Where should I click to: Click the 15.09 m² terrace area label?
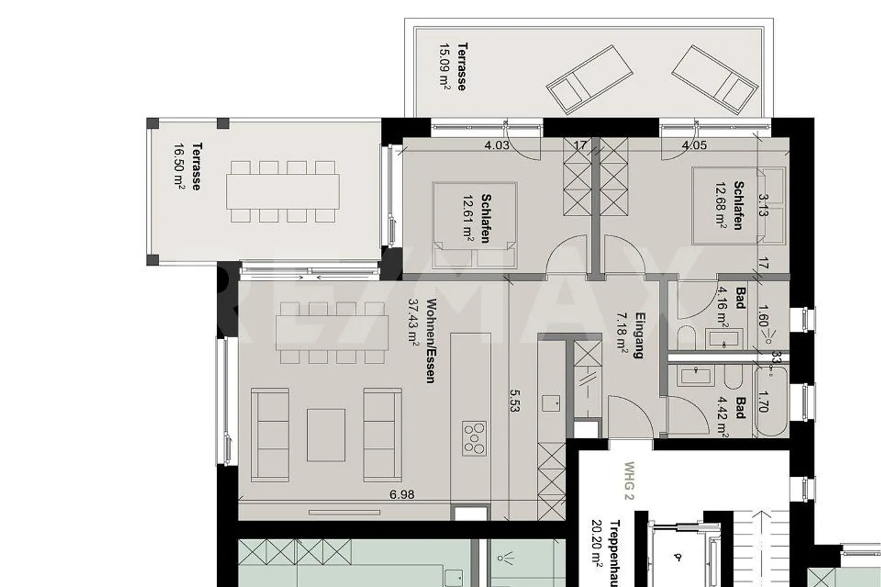pos(445,67)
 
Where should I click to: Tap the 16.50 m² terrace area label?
pos(179,167)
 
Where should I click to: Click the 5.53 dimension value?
pos(514,400)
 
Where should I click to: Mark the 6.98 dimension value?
pos(401,495)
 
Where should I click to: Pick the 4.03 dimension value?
pos(496,145)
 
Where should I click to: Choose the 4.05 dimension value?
pos(694,145)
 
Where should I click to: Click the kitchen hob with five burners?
pos(474,438)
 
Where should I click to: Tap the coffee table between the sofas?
pos(325,435)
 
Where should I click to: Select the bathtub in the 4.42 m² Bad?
pos(771,401)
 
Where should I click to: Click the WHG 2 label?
pos(629,480)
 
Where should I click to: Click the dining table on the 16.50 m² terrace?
pos(283,192)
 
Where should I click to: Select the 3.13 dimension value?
pos(762,205)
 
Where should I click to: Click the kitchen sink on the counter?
pos(551,403)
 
